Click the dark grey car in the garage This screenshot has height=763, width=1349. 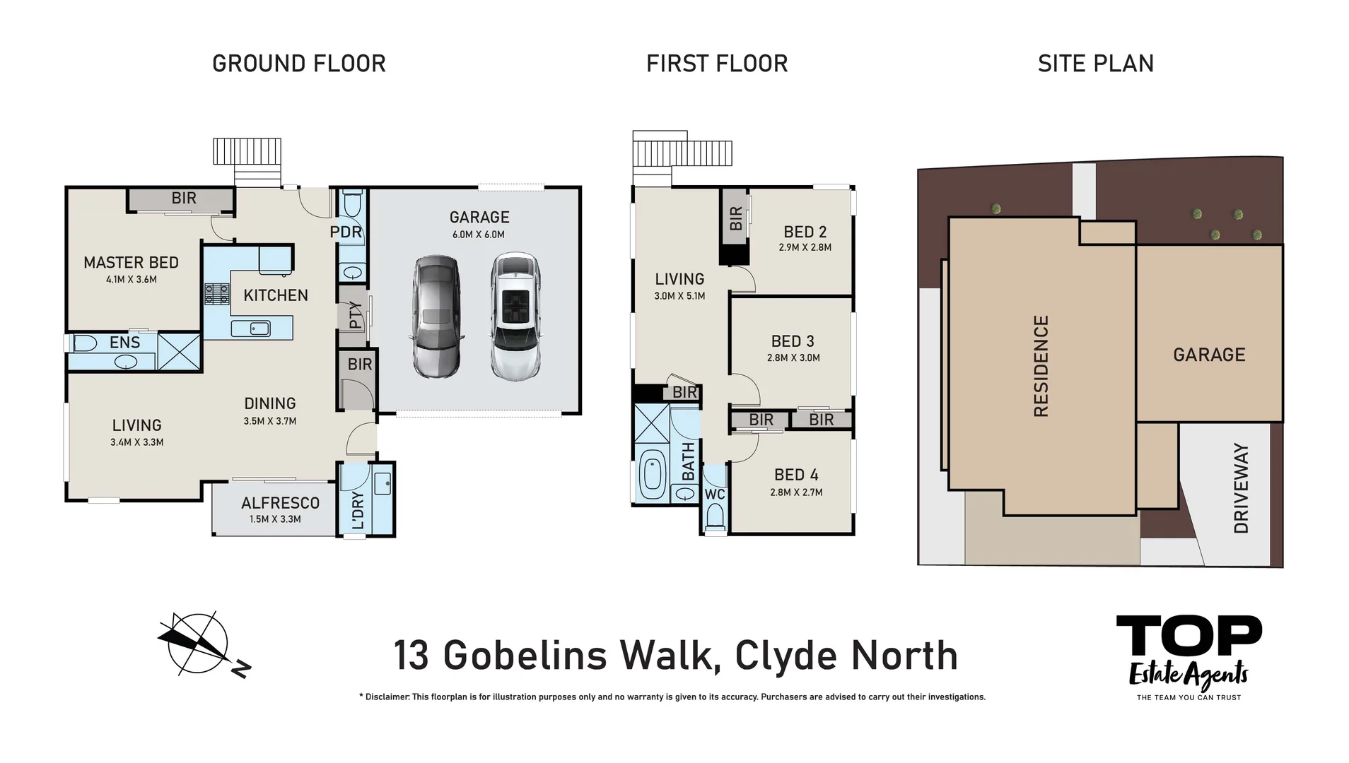pyautogui.click(x=436, y=317)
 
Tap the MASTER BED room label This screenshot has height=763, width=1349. pyautogui.click(x=131, y=263)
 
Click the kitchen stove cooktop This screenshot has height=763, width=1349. pyautogui.click(x=217, y=293)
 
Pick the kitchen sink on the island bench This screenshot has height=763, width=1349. pyautogui.click(x=250, y=328)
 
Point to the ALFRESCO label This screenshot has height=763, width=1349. pyautogui.click(x=280, y=503)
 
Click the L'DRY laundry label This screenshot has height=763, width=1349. pyautogui.click(x=358, y=510)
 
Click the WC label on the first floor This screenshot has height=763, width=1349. pyautogui.click(x=715, y=495)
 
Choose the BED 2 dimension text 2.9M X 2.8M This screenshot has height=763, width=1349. pyautogui.click(x=805, y=247)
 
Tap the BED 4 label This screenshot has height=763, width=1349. pyautogui.click(x=796, y=475)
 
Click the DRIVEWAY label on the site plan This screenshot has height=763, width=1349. pyautogui.click(x=1241, y=488)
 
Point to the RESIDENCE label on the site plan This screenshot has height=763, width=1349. pyautogui.click(x=1041, y=366)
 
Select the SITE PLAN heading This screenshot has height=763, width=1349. pyautogui.click(x=1095, y=64)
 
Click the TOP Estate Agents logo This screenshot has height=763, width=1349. pyautogui.click(x=1189, y=656)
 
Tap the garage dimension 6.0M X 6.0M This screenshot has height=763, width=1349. pyautogui.click(x=479, y=235)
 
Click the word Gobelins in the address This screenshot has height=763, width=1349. pyautogui.click(x=525, y=655)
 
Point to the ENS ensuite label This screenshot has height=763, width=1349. pyautogui.click(x=124, y=343)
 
